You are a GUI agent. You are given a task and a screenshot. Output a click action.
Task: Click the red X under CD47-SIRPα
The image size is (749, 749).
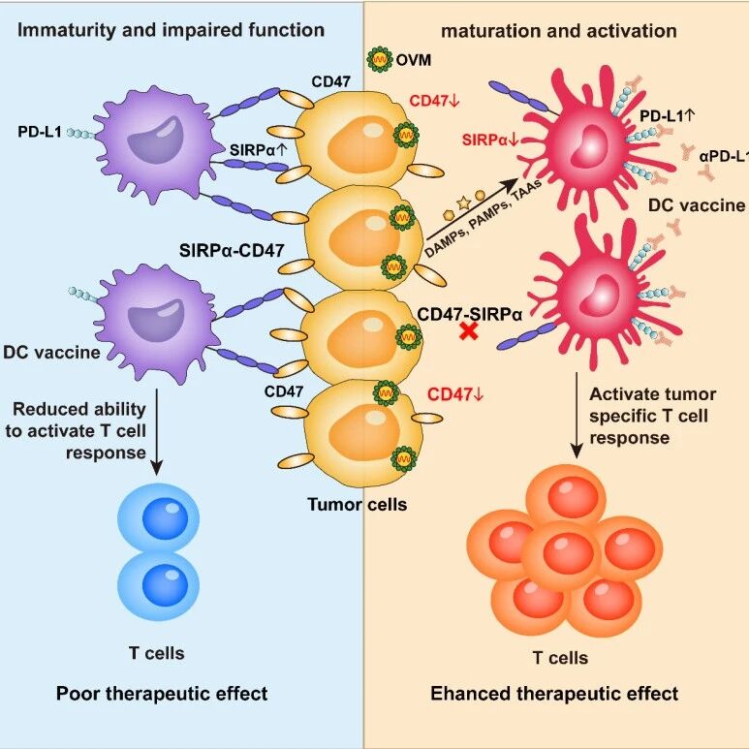click(x=469, y=331)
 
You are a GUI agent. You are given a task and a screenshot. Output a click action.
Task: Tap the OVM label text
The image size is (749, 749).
click(x=414, y=60)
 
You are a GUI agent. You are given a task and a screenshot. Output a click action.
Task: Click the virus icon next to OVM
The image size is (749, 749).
click(x=380, y=59)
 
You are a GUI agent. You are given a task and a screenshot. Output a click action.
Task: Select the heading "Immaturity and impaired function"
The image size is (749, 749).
click(x=171, y=30)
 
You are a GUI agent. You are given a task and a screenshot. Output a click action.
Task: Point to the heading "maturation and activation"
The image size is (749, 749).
click(x=559, y=31)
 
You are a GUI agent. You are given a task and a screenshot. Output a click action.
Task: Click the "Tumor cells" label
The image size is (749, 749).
click(x=358, y=505)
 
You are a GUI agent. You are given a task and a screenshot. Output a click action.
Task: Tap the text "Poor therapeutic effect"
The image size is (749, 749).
click(x=162, y=694)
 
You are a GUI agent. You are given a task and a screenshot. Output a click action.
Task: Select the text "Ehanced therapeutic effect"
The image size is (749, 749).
click(x=554, y=694)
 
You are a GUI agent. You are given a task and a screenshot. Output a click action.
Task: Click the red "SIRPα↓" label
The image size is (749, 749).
click(x=490, y=140)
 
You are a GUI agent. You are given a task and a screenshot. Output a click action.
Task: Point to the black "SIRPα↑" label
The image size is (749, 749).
click(x=259, y=150)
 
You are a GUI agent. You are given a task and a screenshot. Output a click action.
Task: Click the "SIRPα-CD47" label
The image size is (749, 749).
click(x=232, y=250)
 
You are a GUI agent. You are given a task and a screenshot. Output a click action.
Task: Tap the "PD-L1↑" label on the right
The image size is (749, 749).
click(x=668, y=116)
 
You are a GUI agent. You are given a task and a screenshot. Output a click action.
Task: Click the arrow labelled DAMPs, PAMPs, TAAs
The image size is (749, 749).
click(x=472, y=209)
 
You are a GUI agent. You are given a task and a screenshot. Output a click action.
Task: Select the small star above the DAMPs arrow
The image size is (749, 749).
click(x=464, y=203)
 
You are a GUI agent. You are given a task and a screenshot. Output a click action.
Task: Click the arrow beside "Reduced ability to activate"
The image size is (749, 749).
click(x=157, y=432)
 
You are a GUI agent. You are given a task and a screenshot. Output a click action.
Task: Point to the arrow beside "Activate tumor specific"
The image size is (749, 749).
click(x=577, y=416)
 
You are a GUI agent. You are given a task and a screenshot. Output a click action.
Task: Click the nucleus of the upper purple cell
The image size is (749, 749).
click(x=152, y=140)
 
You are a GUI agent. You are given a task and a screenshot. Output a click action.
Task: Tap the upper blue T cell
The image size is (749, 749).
click(x=159, y=518)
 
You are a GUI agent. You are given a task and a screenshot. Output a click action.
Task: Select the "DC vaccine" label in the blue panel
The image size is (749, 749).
click(x=51, y=353)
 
